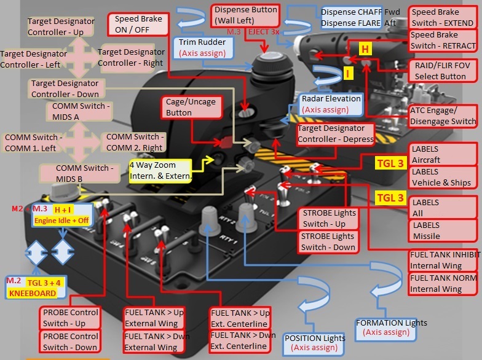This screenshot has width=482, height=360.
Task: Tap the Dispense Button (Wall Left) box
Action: click(245, 15)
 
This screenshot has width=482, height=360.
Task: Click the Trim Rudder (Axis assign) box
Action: click(203, 48)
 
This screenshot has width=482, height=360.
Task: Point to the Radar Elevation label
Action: click(331, 104)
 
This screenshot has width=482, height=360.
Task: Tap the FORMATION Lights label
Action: click(391, 327)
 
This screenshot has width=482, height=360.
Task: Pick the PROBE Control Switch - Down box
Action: click(71, 342)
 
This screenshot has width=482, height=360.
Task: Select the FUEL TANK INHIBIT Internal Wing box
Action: click(444, 260)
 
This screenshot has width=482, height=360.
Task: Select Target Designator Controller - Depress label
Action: click(335, 134)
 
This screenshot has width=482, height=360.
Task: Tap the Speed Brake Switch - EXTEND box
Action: click(442, 17)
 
